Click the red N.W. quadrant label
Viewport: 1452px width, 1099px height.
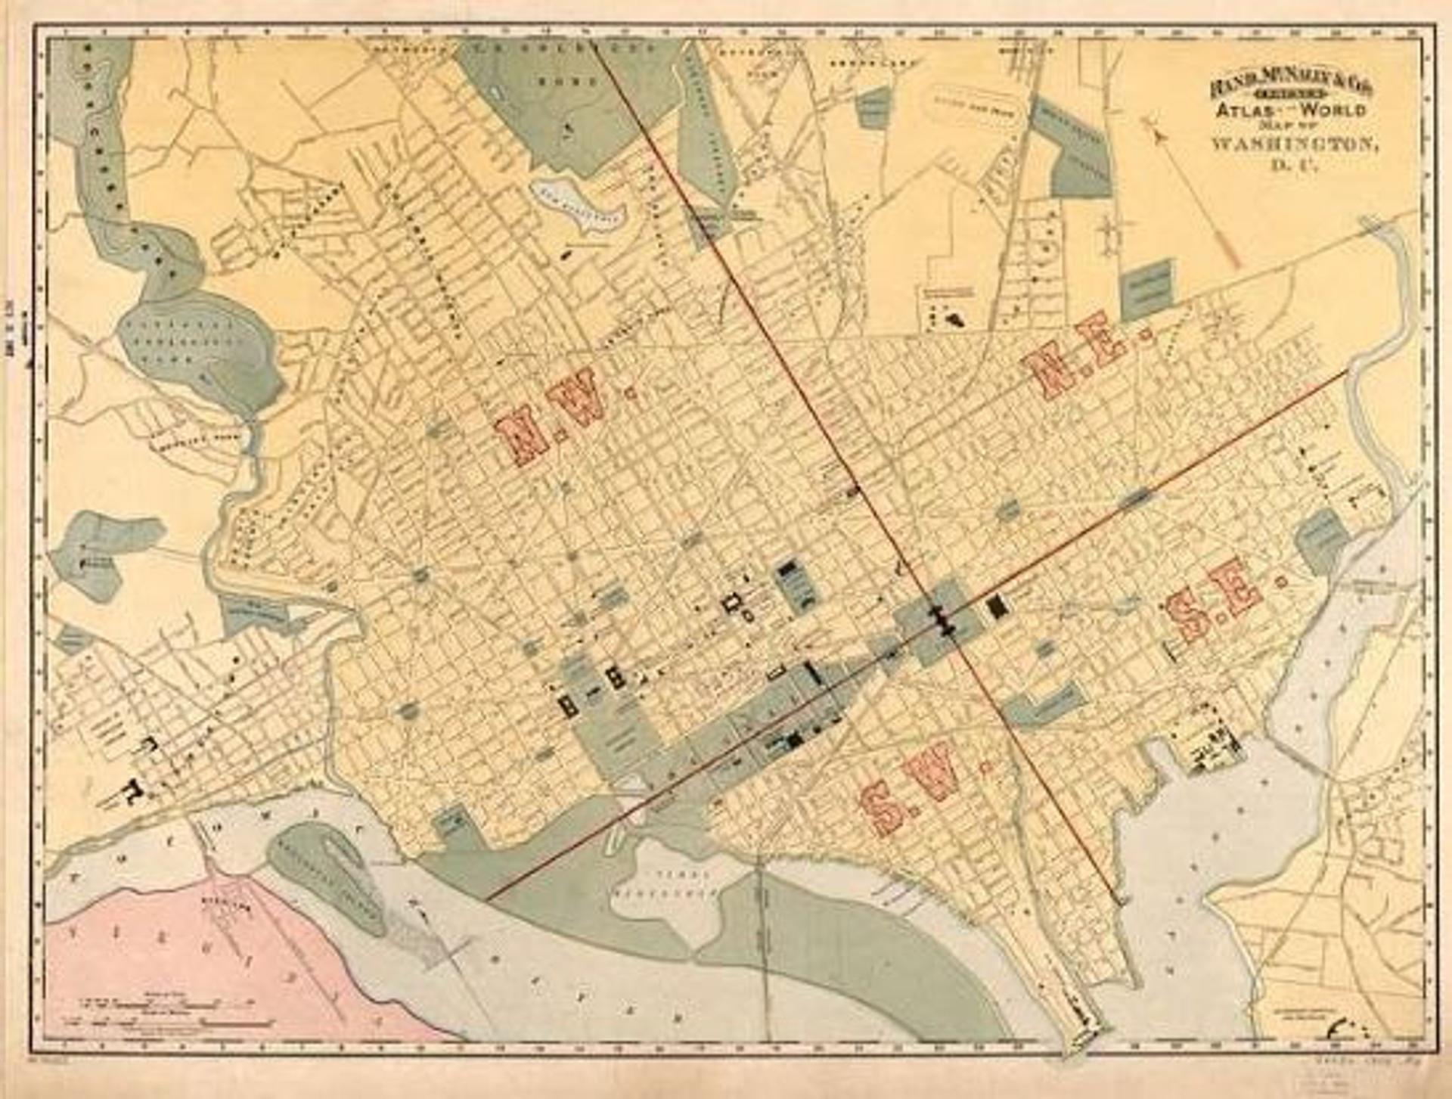552,416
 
